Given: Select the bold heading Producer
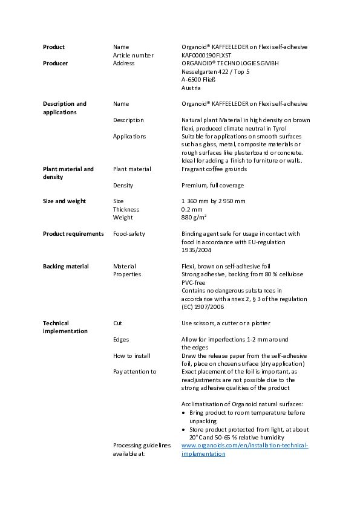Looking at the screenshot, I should [x=55, y=63].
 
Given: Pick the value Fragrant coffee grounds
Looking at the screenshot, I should [x=214, y=169].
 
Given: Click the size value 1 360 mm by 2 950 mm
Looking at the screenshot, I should [x=213, y=201].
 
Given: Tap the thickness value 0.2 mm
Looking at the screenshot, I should [x=192, y=210].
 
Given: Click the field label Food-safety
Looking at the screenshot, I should [x=129, y=234].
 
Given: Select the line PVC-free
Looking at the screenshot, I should [x=193, y=282].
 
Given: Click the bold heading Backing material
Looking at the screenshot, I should [x=65, y=267].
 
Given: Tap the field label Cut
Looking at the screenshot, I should [x=117, y=323].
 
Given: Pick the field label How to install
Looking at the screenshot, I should [x=131, y=356].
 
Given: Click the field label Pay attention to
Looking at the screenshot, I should [x=134, y=372].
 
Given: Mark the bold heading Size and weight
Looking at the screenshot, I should [x=64, y=201].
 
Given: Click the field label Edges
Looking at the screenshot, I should [x=121, y=340].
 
